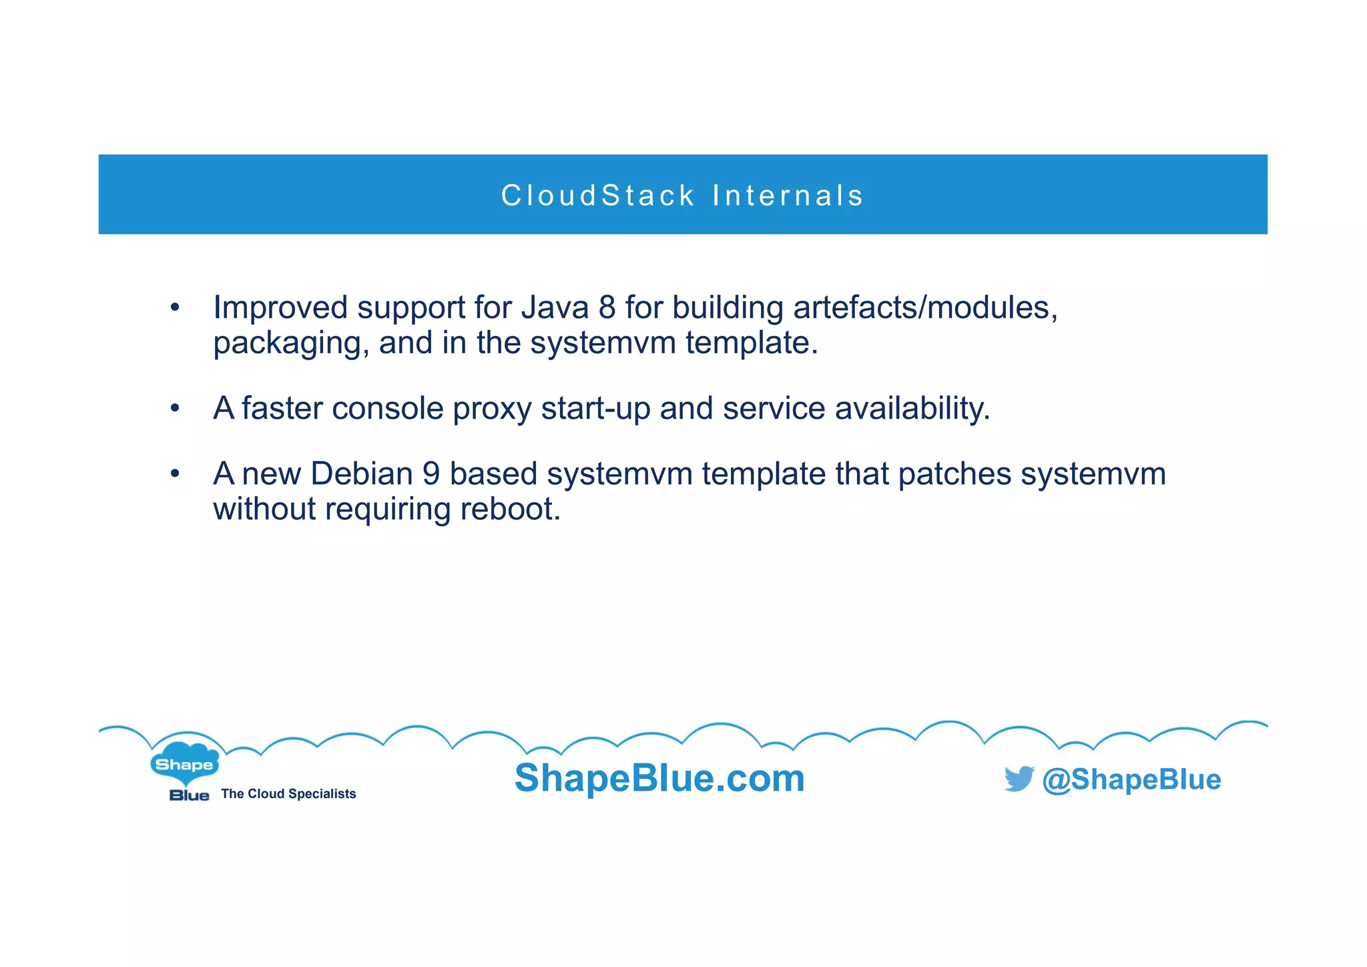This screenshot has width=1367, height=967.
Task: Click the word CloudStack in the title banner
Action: (598, 196)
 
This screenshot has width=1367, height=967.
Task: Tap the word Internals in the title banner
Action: (788, 196)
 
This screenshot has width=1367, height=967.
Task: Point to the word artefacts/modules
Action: (925, 308)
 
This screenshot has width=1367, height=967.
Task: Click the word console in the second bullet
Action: (387, 408)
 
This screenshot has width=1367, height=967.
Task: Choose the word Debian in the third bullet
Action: (361, 473)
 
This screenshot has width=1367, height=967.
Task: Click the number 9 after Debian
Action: (431, 473)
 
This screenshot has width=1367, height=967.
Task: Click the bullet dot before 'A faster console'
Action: (175, 408)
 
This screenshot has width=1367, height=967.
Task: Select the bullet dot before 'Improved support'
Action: (175, 308)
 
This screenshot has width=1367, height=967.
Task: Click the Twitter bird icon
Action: (1019, 779)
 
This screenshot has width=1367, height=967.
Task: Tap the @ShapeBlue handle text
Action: (1131, 779)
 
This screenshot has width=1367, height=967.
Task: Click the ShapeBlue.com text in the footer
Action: (659, 778)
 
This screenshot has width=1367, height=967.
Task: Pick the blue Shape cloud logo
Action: (184, 763)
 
